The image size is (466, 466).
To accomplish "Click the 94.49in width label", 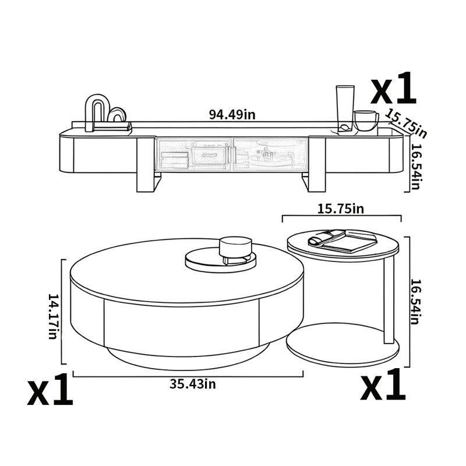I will tap(232, 114).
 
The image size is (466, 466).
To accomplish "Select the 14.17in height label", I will tap(53, 316).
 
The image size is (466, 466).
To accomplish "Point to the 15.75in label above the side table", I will tap(342, 208).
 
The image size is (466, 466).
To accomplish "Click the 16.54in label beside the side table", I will tap(415, 302).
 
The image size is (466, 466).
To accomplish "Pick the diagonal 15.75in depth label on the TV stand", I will tap(406, 124).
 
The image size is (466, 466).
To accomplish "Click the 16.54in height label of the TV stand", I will tap(415, 165).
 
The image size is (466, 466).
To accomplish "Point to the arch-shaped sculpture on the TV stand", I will tap(94, 112).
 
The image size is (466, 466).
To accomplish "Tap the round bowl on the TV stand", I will tap(365, 121).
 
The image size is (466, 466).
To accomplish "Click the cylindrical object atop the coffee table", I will tap(235, 248).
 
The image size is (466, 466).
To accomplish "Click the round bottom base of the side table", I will tap(343, 347).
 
